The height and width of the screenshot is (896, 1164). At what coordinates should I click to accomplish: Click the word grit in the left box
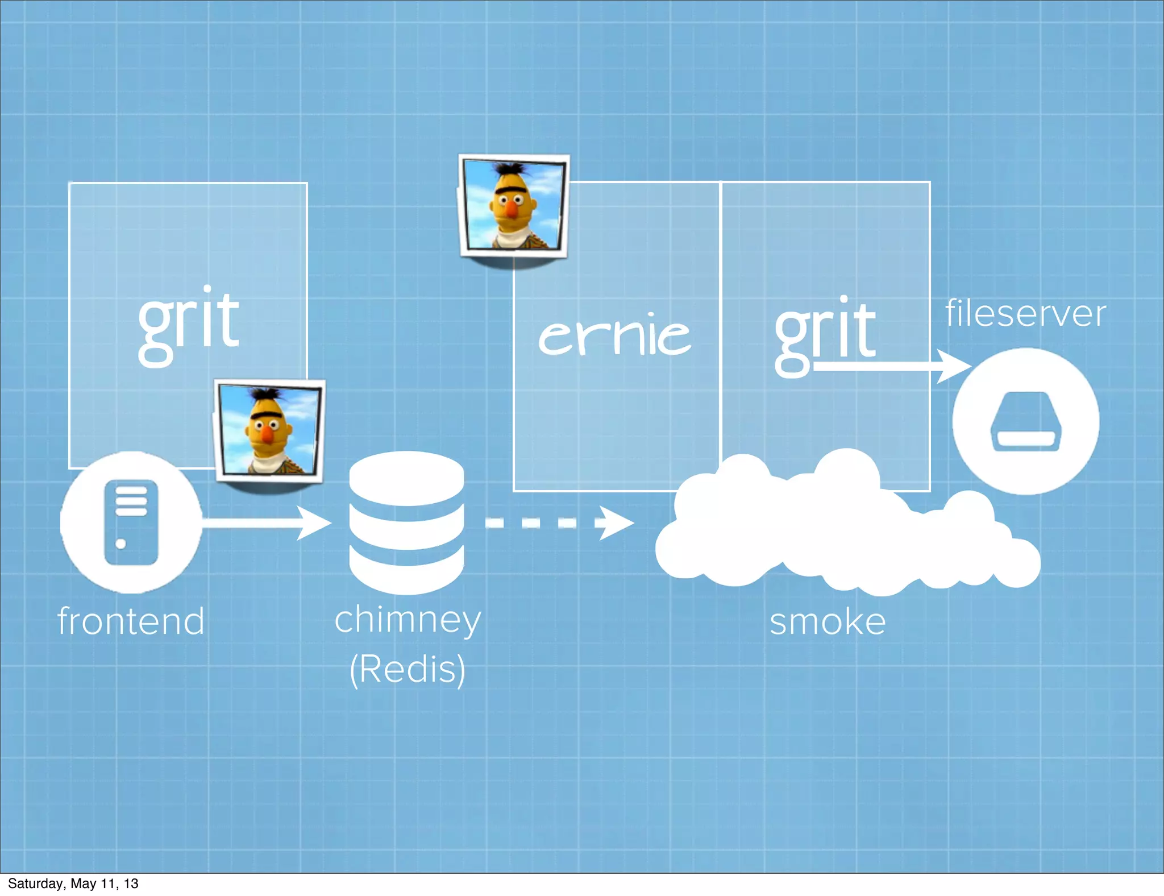tap(189, 324)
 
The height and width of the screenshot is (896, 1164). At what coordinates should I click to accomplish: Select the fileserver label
tap(1025, 313)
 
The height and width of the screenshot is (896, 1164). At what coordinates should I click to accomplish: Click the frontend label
tap(131, 621)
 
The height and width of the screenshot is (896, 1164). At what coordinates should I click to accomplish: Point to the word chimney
tap(408, 620)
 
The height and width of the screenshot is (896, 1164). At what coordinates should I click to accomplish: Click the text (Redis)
tap(408, 669)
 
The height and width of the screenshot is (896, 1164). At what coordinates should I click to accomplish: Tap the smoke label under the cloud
tap(828, 621)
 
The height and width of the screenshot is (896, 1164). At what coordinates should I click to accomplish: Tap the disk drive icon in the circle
tap(1025, 421)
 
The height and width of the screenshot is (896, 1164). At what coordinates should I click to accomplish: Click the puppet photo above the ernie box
tap(513, 206)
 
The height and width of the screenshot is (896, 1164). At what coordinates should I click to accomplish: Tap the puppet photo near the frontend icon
tap(269, 430)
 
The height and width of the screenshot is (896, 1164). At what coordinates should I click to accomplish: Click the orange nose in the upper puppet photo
tap(512, 210)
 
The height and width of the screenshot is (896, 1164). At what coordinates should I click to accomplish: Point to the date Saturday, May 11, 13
tap(73, 883)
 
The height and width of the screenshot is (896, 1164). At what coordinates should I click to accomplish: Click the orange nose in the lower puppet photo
tap(267, 434)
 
